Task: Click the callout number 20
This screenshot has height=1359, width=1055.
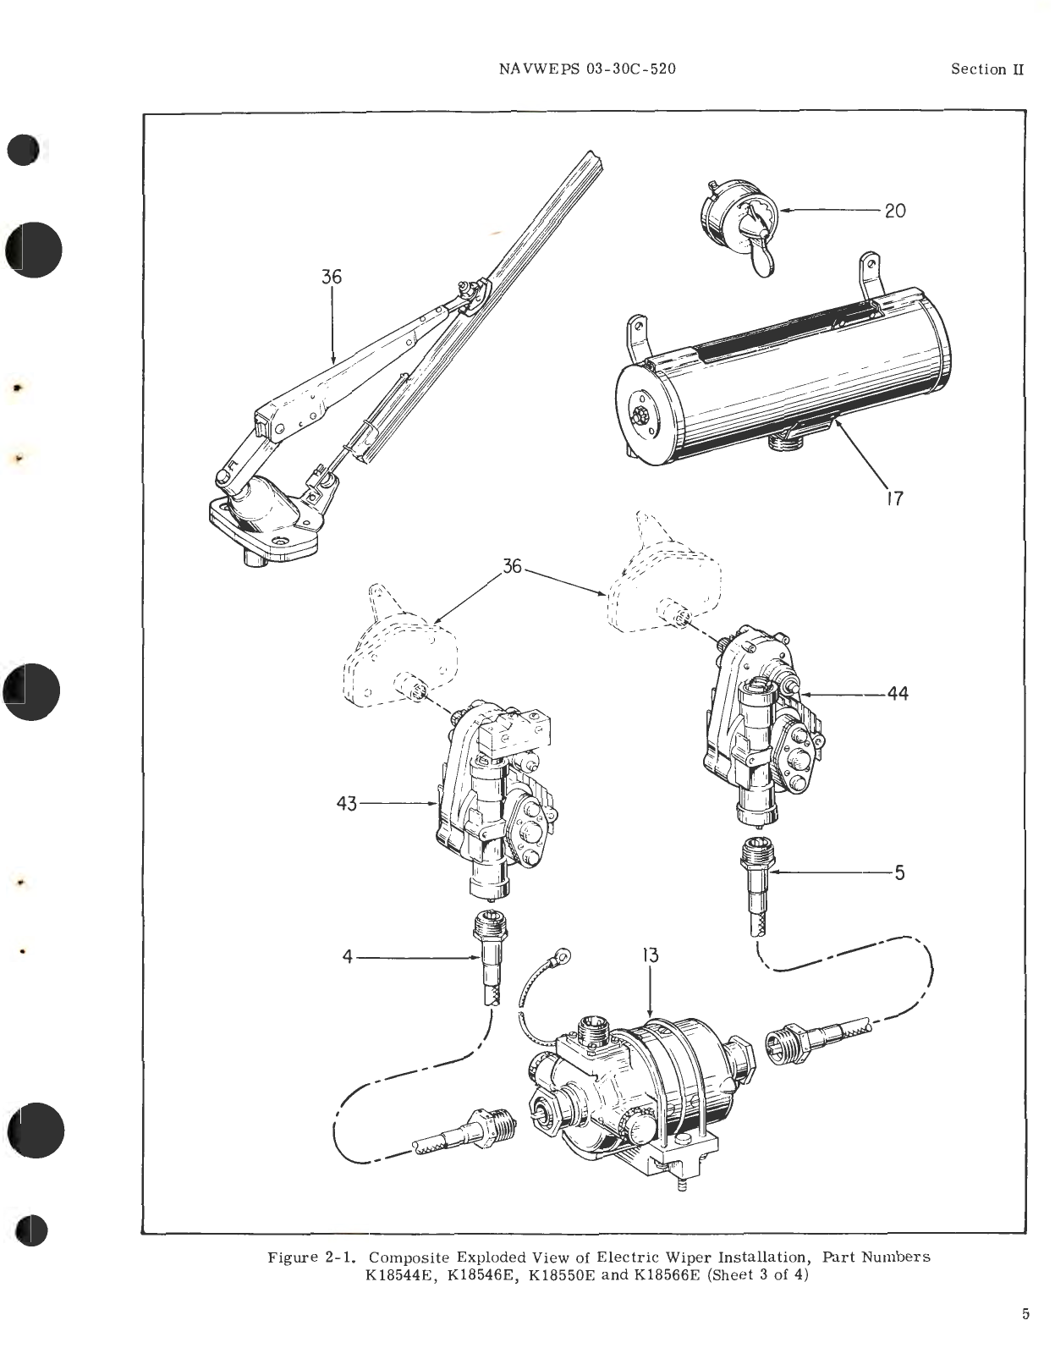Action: pyautogui.click(x=895, y=211)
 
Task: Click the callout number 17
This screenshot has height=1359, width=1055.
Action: pyautogui.click(x=895, y=498)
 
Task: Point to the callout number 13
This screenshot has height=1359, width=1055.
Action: pyautogui.click(x=650, y=955)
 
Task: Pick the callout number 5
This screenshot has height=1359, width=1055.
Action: pyautogui.click(x=899, y=872)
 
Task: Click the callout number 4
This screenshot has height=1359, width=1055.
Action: pyautogui.click(x=347, y=957)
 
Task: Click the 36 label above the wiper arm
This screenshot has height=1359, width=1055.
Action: pyautogui.click(x=332, y=276)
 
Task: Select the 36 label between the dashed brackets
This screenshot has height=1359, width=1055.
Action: pyautogui.click(x=513, y=566)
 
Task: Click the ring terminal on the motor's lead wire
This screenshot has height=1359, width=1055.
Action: pyautogui.click(x=561, y=959)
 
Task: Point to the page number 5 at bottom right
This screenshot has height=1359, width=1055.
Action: pyautogui.click(x=1025, y=1314)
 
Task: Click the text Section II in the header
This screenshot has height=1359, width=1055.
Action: pyautogui.click(x=986, y=69)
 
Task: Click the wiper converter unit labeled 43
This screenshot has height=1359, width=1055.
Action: pyautogui.click(x=491, y=795)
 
